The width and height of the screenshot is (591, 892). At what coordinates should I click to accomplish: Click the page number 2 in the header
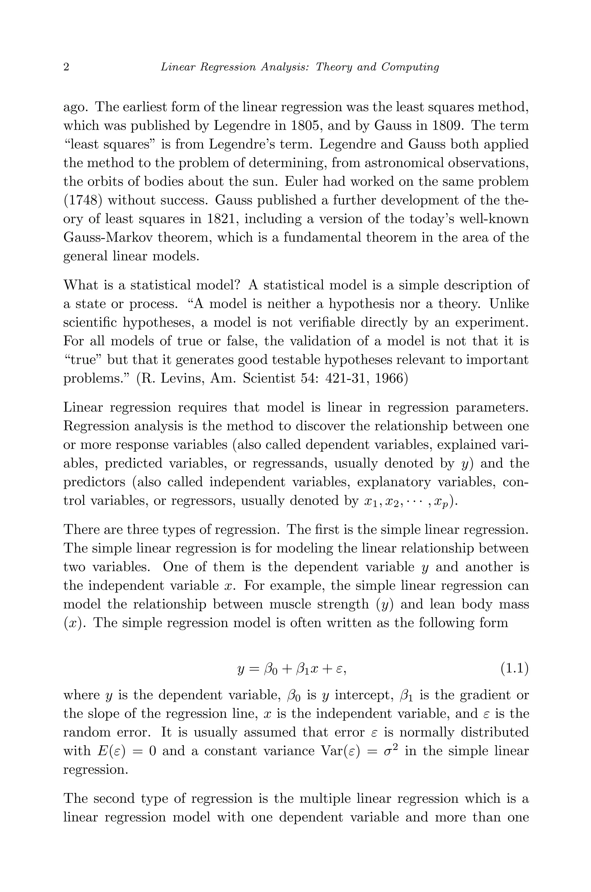66,68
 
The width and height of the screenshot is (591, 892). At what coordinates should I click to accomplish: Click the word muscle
291,604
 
